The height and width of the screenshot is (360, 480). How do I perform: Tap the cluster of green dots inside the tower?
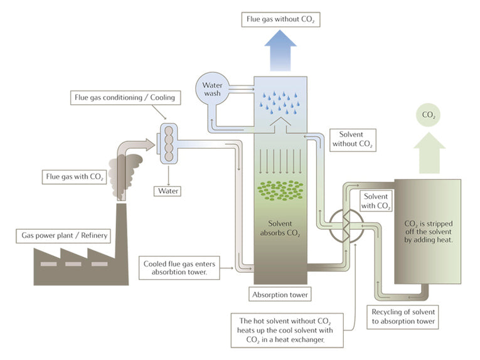tap(280, 191)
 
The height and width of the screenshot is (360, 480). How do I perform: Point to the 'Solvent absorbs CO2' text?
tap(280, 229)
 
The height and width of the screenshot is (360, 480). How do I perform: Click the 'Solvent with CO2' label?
tap(376, 201)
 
